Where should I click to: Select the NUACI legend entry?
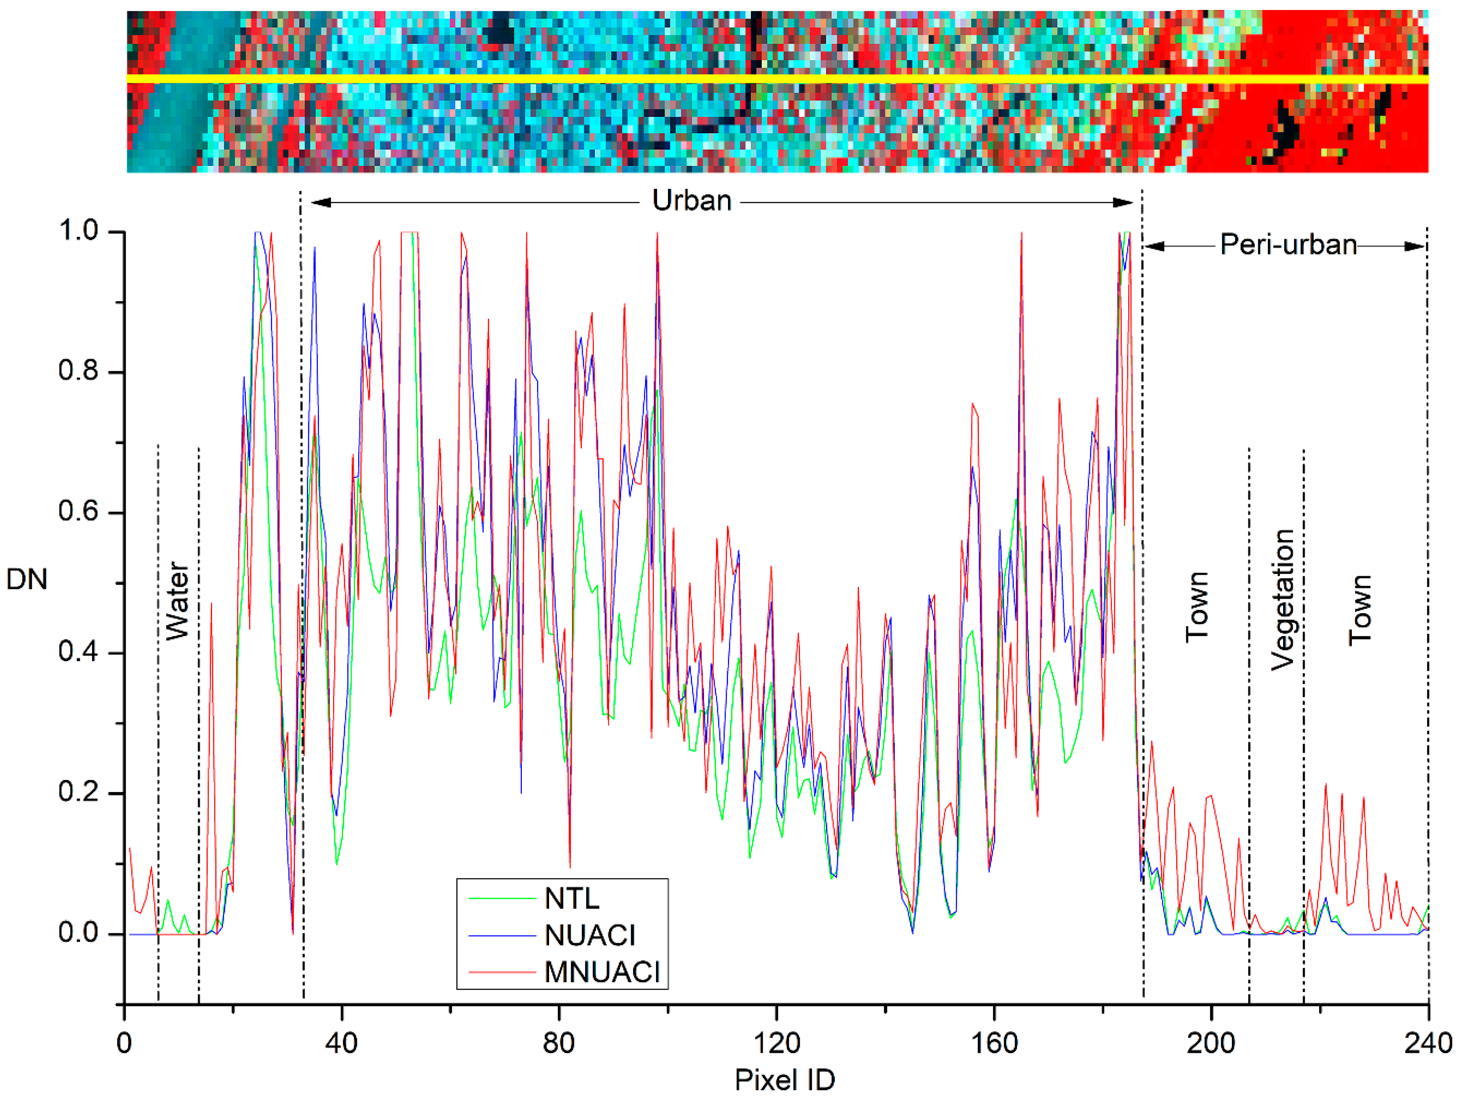click(590, 935)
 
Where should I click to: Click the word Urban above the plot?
click(691, 200)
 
